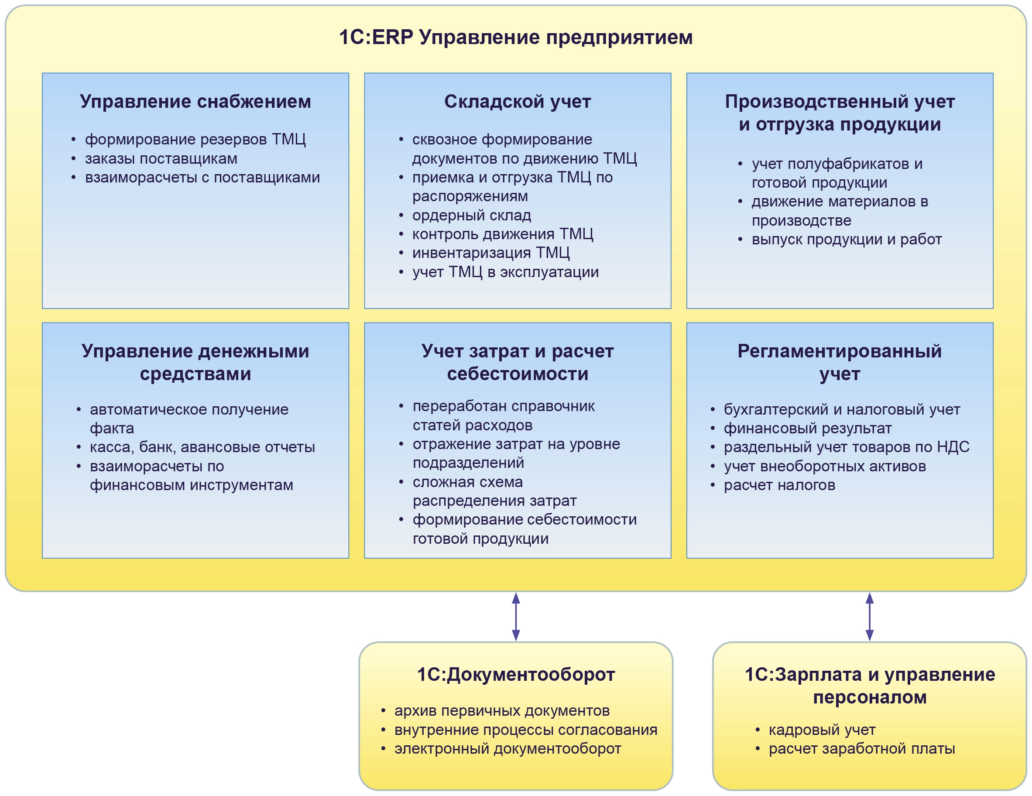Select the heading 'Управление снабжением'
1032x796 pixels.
pos(195,102)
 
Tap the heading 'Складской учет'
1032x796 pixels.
pos(518,102)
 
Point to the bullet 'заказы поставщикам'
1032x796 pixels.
pos(161,159)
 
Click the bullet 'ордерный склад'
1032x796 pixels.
pos(471,216)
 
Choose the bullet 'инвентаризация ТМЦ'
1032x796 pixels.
pos(490,253)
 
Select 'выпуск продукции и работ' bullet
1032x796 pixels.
pos(846,240)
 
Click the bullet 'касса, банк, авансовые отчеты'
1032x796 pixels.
pos(202,447)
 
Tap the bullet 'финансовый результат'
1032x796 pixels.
pos(807,428)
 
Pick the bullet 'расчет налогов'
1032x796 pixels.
pos(779,485)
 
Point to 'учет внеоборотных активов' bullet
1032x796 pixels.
pos(825,467)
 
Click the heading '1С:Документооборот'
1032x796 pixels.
pos(515,675)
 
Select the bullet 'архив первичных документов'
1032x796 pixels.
pos(502,711)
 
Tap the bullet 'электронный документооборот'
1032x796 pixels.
pos(507,749)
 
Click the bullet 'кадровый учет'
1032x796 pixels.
pos(822,730)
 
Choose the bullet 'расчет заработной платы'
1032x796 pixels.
pos(861,749)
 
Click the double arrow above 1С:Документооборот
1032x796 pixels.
pos(516,616)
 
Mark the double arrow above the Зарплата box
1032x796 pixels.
pos(869,616)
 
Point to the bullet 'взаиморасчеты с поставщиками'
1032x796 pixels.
pos(202,178)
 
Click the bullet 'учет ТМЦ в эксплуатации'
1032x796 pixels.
pos(505,272)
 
